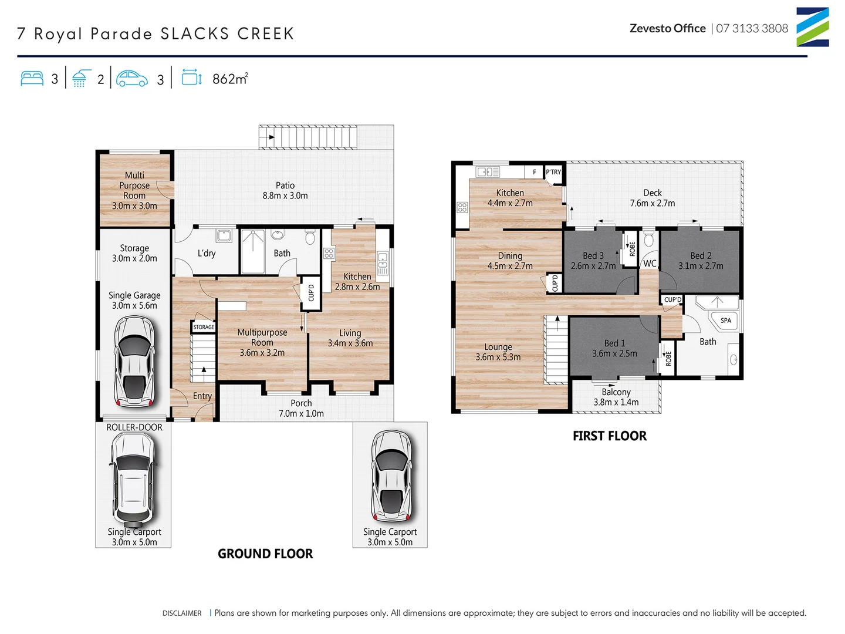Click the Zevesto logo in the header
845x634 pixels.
click(812, 27)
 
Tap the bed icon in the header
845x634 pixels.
click(32, 79)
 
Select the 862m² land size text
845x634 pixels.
click(229, 79)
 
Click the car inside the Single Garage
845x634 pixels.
click(135, 362)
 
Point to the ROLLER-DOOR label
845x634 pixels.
click(134, 427)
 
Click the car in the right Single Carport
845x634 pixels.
click(390, 476)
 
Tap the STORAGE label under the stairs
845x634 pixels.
click(204, 327)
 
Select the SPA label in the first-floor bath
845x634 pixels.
click(726, 321)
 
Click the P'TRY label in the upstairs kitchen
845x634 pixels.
click(553, 172)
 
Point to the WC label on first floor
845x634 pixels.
click(650, 264)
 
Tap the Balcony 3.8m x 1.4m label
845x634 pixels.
click(616, 397)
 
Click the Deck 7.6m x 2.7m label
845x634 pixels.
click(653, 198)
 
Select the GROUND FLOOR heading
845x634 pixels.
click(265, 554)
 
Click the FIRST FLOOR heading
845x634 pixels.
click(610, 436)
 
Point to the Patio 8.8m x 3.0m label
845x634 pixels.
click(285, 190)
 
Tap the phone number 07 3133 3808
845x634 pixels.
click(752, 28)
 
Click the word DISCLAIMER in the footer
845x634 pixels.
click(182, 613)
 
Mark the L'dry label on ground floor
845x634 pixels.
click(207, 253)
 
